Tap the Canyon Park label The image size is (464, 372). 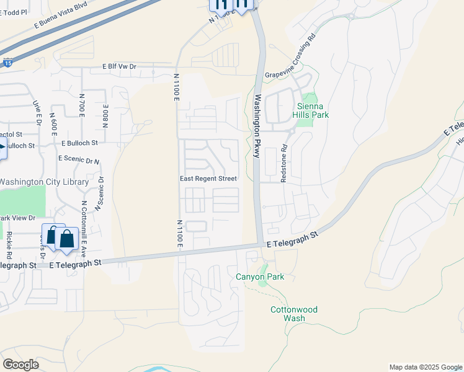point(260,277)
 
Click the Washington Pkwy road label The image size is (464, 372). point(257,126)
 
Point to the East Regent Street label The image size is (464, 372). point(208,179)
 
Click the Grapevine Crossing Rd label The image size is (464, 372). point(290,65)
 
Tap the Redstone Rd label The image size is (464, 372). point(284,164)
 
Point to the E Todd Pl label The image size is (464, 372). point(14,12)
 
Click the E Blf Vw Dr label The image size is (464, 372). point(119,66)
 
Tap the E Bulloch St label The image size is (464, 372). point(79,143)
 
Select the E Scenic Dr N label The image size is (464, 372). point(79,159)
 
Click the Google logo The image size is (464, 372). point(20,365)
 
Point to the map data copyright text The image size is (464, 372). point(425,367)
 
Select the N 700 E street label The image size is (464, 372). point(81,105)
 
